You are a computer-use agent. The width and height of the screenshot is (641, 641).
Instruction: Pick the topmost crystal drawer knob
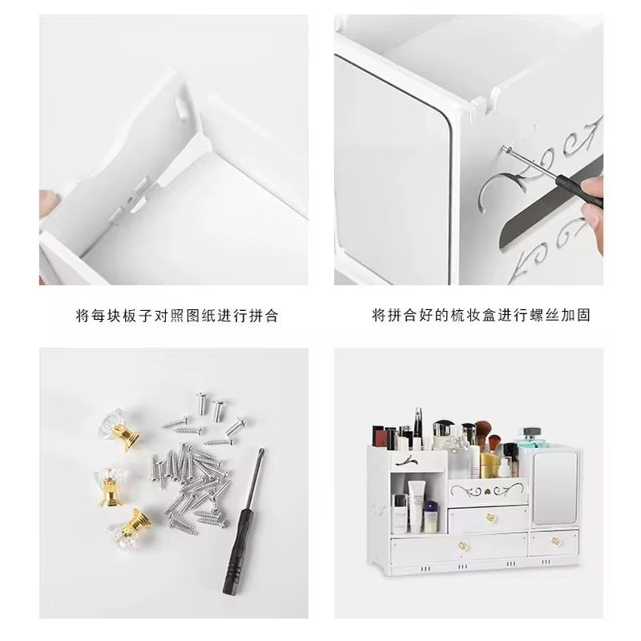[119, 430]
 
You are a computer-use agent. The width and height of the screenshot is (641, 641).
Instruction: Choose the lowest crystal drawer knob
[131, 529]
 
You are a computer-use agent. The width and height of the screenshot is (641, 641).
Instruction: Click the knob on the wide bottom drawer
[462, 546]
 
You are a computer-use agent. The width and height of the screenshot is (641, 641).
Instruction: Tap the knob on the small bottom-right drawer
[555, 542]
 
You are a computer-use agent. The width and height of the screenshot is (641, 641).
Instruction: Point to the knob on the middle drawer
[490, 518]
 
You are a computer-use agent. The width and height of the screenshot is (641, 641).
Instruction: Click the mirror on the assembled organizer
[555, 488]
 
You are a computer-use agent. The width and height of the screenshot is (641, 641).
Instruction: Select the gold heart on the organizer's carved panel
[487, 492]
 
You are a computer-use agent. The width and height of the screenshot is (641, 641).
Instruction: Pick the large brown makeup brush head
[483, 429]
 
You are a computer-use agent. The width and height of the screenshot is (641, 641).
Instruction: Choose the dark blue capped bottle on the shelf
[430, 517]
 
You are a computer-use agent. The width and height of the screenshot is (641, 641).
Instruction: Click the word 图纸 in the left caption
[202, 316]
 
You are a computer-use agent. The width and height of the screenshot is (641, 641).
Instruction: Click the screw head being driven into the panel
[506, 150]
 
